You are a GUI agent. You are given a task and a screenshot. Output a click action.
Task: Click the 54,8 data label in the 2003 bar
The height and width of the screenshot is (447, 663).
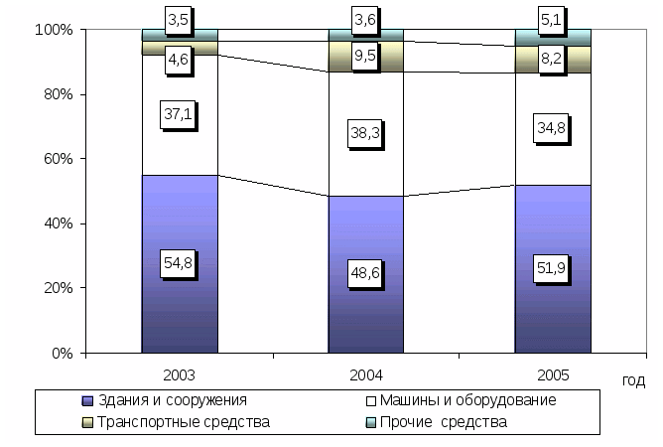coord(180,263)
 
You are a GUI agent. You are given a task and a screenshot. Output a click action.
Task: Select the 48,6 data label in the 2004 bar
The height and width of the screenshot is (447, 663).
coord(366,273)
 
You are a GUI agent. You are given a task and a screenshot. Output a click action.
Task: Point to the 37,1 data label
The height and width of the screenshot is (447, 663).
coord(180,115)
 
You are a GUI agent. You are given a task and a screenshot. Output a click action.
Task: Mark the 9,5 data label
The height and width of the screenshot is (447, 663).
coord(366,56)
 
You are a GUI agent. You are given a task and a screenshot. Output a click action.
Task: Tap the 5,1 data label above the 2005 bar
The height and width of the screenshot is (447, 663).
coord(551,17)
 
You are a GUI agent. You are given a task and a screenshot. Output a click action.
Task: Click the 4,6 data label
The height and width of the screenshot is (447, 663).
coord(180,60)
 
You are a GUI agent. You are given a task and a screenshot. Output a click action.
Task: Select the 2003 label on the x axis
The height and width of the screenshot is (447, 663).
coord(180,377)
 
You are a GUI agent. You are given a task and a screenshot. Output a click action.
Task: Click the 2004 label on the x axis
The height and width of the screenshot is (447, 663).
coord(366,377)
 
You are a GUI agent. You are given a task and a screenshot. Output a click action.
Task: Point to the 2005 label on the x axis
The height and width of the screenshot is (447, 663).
coord(551,377)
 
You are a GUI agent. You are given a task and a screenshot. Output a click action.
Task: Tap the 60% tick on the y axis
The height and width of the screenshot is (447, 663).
coord(55,159)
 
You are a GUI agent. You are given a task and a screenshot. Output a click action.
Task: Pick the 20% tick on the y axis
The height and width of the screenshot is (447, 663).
coord(55,288)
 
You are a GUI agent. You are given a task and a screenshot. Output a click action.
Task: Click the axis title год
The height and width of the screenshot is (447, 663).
coord(634,380)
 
